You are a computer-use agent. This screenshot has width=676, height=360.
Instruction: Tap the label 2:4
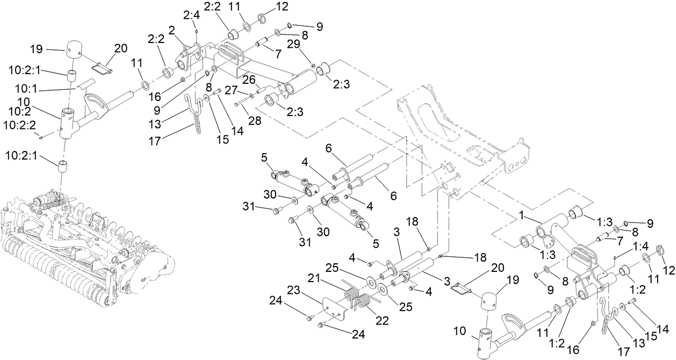tap(191, 16)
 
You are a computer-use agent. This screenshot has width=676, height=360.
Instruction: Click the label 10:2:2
tap(20, 125)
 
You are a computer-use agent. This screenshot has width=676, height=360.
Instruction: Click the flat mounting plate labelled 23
tap(334, 309)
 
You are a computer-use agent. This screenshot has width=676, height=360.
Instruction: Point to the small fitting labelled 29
tap(313, 66)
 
